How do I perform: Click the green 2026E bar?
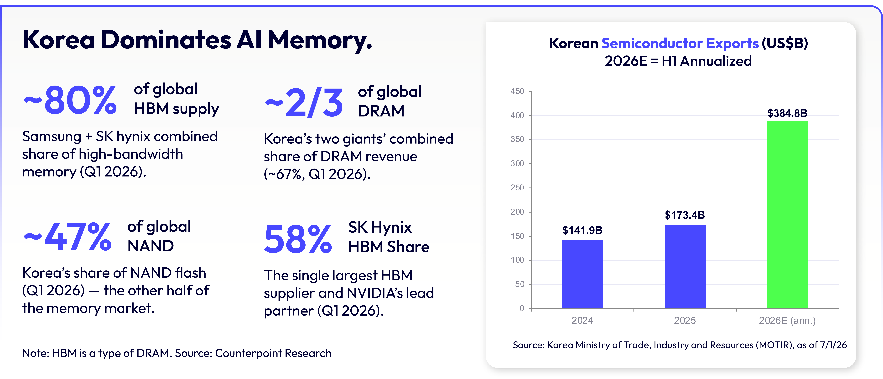point(787,215)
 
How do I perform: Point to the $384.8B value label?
point(787,113)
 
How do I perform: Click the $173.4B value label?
point(685,215)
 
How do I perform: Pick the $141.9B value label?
point(582,230)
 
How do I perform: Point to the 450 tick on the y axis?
point(517,91)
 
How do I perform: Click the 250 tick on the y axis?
point(517,188)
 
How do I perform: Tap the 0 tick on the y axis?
point(522,308)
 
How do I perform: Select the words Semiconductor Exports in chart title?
point(680,43)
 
